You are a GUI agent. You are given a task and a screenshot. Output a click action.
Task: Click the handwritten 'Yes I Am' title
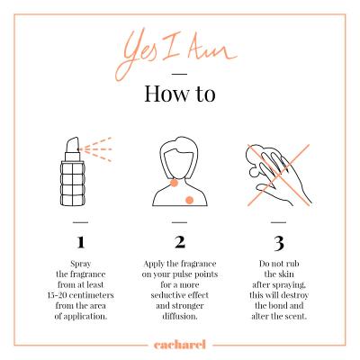(177, 54)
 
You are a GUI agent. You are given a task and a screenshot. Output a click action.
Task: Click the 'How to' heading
(180, 94)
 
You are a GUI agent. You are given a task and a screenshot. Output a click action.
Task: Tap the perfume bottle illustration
(73, 172)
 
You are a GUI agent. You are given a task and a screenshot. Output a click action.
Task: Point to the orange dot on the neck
(174, 183)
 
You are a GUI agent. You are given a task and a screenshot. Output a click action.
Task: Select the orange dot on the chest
(189, 200)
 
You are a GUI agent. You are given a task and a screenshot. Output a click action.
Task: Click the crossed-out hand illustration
(278, 175)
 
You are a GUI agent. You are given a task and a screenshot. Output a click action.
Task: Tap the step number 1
(80, 242)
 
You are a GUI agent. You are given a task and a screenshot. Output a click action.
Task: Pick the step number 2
(180, 242)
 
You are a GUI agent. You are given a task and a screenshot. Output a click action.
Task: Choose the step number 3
(279, 244)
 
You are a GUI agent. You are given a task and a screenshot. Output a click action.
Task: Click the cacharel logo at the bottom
(180, 345)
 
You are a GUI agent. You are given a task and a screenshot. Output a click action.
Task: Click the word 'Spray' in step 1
(80, 265)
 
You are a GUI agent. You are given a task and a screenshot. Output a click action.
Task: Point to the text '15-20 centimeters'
(80, 295)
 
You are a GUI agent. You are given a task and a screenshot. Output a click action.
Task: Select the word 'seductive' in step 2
(166, 295)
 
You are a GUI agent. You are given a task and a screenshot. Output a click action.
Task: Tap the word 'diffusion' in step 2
(179, 316)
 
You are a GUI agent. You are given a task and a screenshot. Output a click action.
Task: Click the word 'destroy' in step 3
(294, 296)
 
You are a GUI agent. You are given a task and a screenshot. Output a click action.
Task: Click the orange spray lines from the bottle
(96, 149)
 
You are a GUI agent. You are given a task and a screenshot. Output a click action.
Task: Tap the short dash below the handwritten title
(180, 74)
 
